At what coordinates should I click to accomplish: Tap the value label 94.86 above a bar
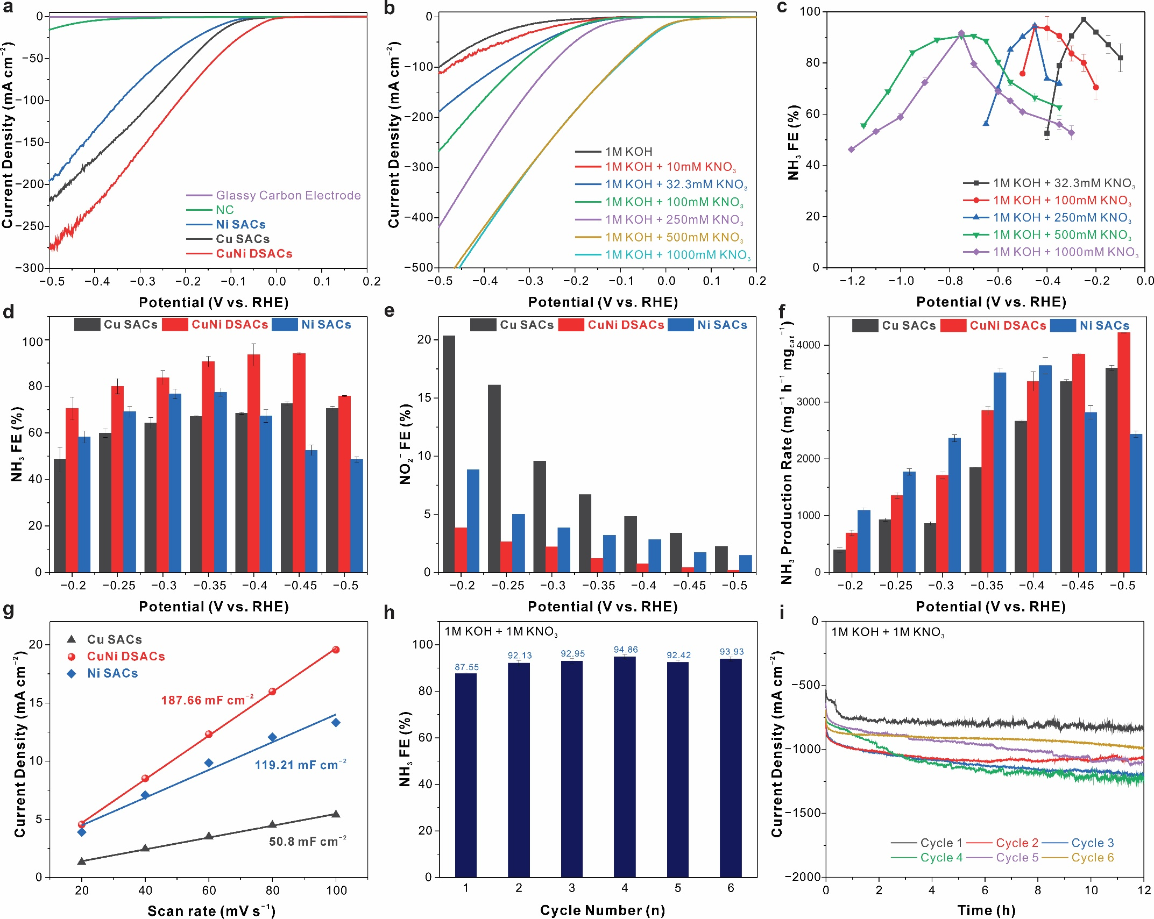point(625,650)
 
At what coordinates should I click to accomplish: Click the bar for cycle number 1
point(465,774)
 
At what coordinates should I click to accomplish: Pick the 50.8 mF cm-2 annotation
point(307,842)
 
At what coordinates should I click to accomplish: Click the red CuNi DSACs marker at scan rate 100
point(336,650)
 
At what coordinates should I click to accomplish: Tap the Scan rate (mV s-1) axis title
point(211,911)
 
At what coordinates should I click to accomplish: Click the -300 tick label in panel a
point(32,268)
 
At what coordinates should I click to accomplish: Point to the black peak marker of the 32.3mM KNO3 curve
point(1084,20)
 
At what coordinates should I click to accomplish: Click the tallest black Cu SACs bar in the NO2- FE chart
point(449,453)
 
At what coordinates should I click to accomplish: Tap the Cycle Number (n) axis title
point(602,910)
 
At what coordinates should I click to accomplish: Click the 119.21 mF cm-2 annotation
point(300,765)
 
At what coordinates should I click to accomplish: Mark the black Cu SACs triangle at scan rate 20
point(82,861)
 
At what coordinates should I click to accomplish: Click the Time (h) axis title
point(986,910)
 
